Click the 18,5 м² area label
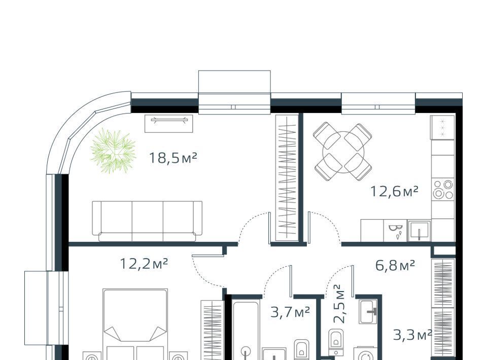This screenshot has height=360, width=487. pos(173,158)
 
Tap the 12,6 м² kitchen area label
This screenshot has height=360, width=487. pos(394,191)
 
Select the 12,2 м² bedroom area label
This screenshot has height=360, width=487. pos(144,264)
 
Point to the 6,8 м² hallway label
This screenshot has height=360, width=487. pos(395,265)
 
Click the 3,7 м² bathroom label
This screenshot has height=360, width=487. pos(290,312)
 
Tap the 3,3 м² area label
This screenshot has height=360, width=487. pos(413,335)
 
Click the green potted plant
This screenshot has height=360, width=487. pos(113,151)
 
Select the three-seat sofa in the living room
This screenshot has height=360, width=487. pos(147,221)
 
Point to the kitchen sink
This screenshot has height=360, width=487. pos(419,231)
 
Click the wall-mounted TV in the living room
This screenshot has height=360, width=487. pos(169,124)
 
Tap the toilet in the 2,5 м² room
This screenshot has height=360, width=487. pos(335,342)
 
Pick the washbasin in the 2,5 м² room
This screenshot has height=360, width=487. pos(368,312)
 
